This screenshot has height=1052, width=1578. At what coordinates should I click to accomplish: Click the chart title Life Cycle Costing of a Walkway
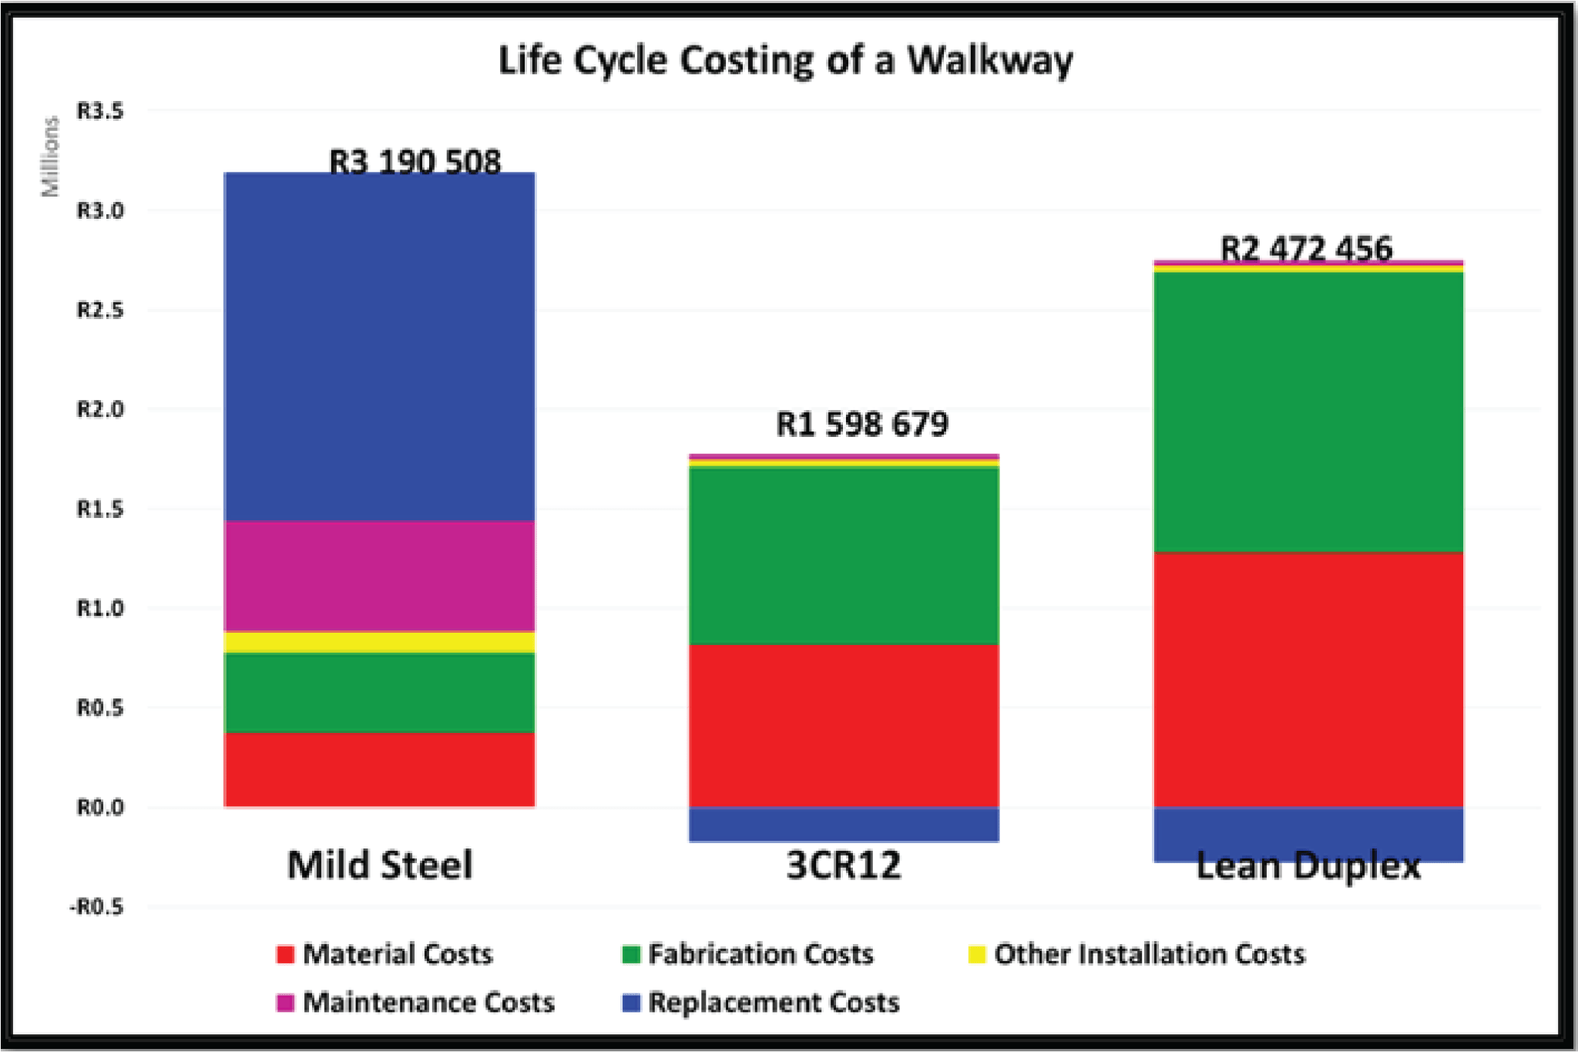[785, 60]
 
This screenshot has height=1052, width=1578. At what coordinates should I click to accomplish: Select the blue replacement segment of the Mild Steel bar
[379, 347]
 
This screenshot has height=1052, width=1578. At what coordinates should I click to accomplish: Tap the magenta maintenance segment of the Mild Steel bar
[379, 576]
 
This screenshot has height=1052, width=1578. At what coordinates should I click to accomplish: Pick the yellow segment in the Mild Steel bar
[379, 642]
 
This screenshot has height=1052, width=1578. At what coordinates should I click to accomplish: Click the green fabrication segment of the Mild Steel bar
[379, 692]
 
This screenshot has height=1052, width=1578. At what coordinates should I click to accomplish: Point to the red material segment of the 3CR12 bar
[844, 725]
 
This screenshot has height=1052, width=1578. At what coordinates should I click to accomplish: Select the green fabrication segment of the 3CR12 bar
[844, 556]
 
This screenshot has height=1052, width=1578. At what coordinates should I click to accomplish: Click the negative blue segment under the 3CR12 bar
[844, 824]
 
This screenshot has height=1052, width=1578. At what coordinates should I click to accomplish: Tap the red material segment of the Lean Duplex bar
[1308, 679]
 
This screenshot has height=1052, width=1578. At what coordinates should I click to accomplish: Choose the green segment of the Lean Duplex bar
[1308, 412]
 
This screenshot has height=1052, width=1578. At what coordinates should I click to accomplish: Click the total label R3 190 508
[415, 161]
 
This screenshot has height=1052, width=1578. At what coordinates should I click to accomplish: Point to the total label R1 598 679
[861, 424]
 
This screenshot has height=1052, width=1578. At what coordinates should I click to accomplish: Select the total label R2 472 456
[1307, 248]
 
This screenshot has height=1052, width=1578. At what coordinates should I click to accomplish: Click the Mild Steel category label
[379, 865]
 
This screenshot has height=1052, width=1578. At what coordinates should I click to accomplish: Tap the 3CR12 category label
[844, 865]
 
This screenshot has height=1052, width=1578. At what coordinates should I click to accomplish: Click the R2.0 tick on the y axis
[99, 409]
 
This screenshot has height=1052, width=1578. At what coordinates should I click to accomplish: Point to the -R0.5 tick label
[96, 907]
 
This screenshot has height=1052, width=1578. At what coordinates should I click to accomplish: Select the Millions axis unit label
[50, 156]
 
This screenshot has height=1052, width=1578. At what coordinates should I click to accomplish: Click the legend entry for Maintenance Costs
[415, 1002]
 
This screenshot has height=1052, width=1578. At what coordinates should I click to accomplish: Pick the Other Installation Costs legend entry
[1136, 954]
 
